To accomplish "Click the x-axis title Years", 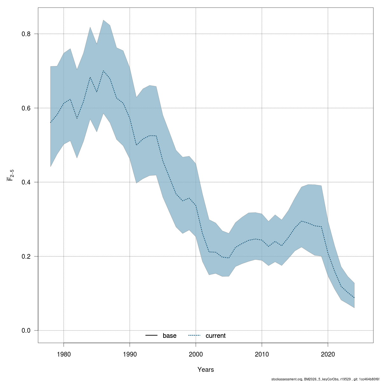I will [x=206, y=370].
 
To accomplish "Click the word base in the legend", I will [x=170, y=336].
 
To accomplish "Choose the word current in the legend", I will [x=216, y=336].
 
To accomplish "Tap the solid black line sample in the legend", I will [x=152, y=336].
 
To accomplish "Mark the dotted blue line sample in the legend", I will [x=195, y=336].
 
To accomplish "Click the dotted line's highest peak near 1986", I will [x=103, y=71].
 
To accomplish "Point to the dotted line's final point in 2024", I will [x=354, y=298].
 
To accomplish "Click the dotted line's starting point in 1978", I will [x=50, y=123].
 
